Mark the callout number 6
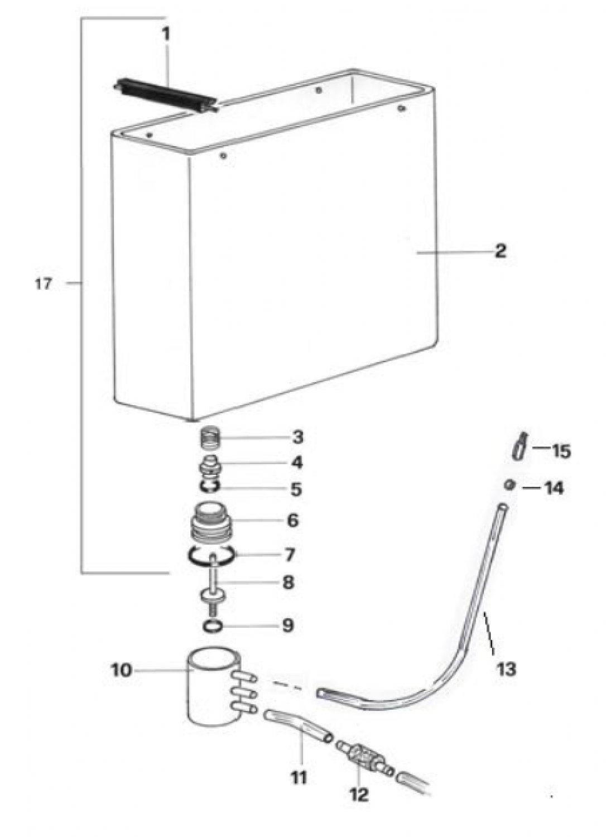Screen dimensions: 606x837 pyautogui.click(x=292, y=521)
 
